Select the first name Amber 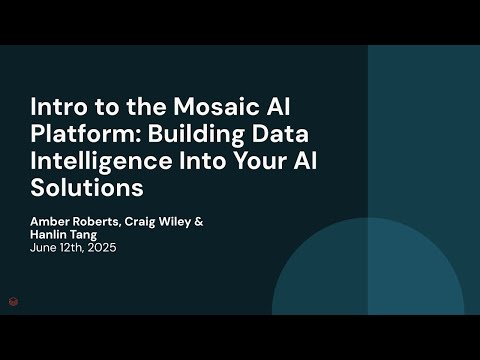point(50,221)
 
